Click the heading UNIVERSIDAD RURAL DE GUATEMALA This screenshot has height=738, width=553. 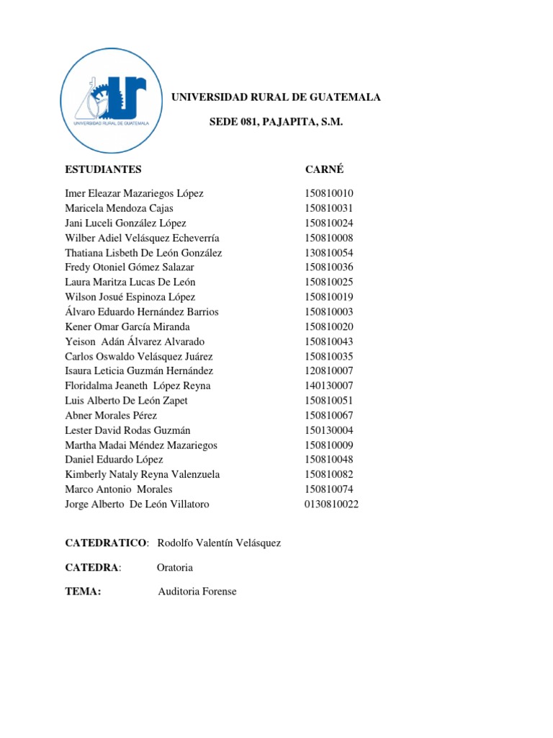pos(275,97)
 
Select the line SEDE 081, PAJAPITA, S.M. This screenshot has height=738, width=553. pos(276,123)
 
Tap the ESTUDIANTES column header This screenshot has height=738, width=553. pos(103,169)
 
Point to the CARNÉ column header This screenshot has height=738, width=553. pos(324,169)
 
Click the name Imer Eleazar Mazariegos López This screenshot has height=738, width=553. pos(134,193)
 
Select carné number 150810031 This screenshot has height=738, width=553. pos(329,208)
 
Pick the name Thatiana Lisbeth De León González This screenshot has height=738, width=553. pos(143,253)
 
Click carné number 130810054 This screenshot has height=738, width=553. pos(329,253)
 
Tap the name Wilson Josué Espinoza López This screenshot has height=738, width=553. pos(130,297)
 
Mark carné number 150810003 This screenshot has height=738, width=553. pos(329,312)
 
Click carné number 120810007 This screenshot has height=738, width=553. pos(329,371)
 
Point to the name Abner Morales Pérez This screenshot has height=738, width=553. pos(111,416)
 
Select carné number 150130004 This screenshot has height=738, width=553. pos(329,430)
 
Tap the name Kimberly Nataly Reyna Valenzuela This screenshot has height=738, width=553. pos(143,474)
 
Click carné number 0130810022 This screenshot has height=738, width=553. pos(331,504)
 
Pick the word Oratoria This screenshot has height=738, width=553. pos(175,567)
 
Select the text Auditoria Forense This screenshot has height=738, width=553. pos(197,592)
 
